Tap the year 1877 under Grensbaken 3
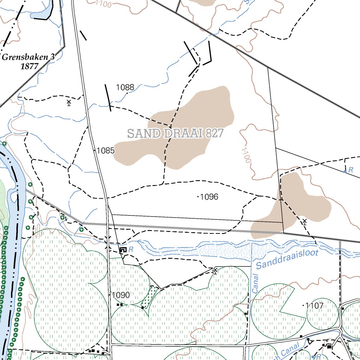tap(29, 66)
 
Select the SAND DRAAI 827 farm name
tap(175, 134)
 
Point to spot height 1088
tap(125, 88)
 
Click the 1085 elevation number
tap(105, 151)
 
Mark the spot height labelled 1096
tap(209, 197)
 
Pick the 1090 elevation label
tap(121, 295)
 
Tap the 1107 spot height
tap(314, 306)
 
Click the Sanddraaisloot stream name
tap(287, 259)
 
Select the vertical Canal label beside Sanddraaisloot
tap(256, 283)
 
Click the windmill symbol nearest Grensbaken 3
tap(69, 103)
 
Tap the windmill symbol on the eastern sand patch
tap(304, 221)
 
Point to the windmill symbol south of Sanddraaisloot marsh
tap(215, 270)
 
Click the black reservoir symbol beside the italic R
tap(123, 250)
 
